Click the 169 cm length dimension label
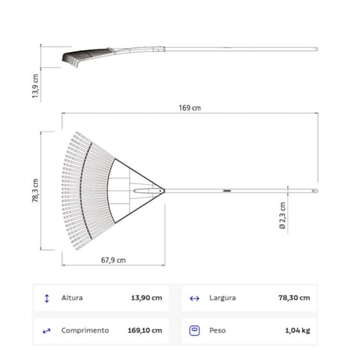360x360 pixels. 190,108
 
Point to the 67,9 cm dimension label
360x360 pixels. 113,261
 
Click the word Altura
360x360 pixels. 72,298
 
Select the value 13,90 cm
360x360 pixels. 146,298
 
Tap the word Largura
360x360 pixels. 222,298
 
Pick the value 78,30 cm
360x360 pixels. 293,298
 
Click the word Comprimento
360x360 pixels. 85,330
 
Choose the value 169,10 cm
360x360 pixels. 145,330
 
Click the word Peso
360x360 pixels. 218,330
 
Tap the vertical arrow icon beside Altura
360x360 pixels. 47,298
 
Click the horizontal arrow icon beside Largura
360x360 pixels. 195,298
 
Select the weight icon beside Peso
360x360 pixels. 195,330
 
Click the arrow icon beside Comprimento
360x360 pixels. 47,330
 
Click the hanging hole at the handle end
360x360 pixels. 315,189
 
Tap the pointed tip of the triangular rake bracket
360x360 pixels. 164,189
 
